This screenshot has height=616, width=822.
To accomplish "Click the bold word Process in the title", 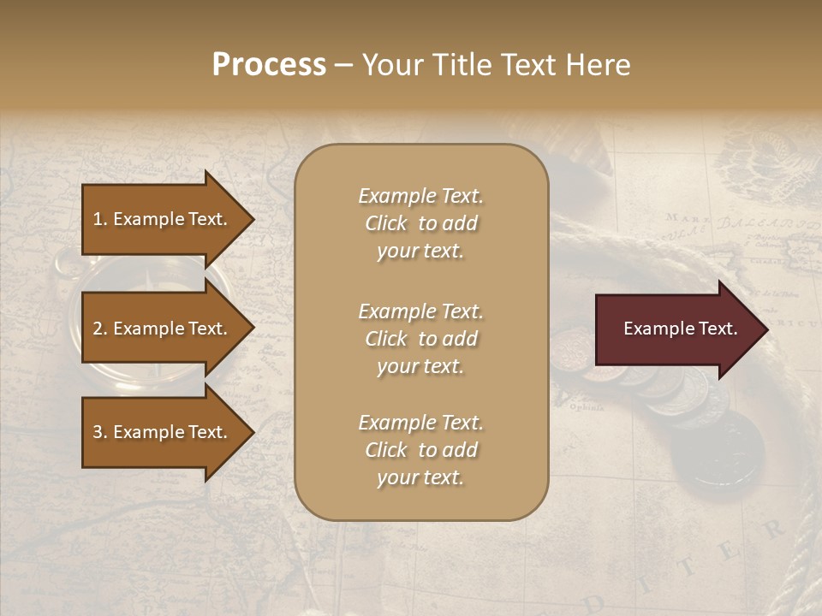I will (269, 65).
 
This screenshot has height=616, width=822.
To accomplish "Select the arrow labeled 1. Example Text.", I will (163, 219).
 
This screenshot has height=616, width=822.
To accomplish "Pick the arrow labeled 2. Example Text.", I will (163, 329).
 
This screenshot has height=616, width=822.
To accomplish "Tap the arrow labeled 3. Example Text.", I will (163, 432).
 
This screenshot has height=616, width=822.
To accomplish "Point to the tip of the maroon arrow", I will (766, 329).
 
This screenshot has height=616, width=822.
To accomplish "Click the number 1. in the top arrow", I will (100, 219).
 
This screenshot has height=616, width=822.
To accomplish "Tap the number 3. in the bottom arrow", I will (100, 432).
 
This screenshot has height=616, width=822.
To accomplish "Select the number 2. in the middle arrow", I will (100, 329).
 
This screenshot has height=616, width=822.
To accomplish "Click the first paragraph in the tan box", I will (420, 223).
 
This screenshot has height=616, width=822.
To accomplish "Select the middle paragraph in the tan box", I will (420, 339).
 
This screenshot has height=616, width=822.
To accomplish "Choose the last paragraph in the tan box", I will (420, 450).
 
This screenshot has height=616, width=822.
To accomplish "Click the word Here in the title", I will (604, 65).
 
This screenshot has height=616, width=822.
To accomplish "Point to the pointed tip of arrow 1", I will (253, 219).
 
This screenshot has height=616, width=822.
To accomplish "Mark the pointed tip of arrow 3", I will (253, 432).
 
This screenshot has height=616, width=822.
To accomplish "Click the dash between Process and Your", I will (343, 66).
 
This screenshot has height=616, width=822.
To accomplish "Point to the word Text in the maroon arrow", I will (718, 329).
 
